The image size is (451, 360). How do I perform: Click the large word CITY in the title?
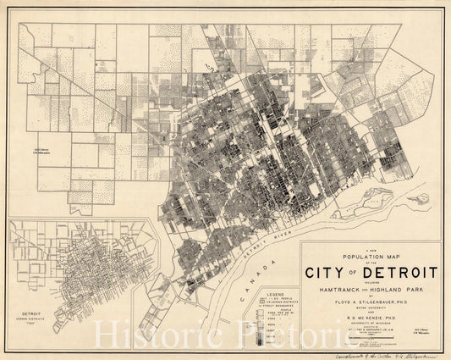tap(336, 274)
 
